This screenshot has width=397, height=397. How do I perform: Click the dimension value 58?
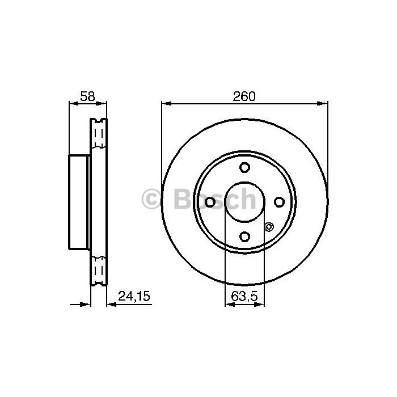tap(87, 96)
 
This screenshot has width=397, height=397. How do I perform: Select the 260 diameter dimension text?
tap(244, 96)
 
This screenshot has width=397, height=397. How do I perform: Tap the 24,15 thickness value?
tap(134, 296)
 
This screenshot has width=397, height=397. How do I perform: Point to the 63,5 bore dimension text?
tap(244, 296)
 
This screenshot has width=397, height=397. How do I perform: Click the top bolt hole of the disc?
tap(244, 167)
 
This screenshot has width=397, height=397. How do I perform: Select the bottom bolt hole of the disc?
tap(244, 236)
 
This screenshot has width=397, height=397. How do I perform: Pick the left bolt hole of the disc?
tap(210, 202)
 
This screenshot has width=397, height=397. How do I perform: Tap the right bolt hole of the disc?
tap(279, 202)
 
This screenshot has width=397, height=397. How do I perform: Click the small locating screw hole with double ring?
tap(269, 227)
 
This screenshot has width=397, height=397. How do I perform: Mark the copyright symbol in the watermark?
tap(151, 199)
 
